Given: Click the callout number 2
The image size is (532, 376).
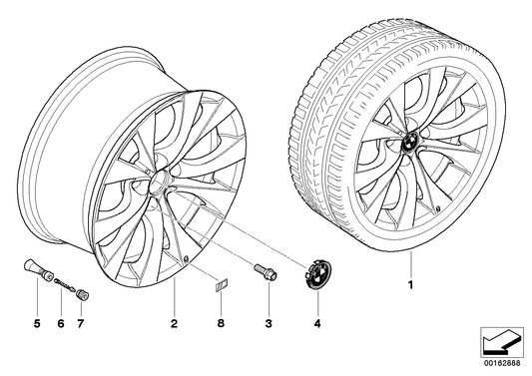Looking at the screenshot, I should click(173, 324).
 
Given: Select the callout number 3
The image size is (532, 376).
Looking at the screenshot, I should click(266, 324).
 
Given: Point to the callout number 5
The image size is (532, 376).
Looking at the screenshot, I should click(36, 324).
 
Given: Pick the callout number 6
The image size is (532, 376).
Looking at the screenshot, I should click(60, 324).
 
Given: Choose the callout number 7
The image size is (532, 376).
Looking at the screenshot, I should click(83, 324).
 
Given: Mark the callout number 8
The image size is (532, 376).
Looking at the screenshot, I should click(222, 324).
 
